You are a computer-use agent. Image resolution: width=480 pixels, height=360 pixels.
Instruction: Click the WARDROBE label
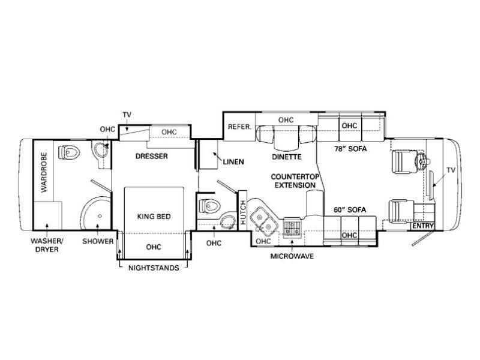pyautogui.click(x=44, y=172)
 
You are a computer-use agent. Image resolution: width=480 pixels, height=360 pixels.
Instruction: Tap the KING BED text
pyautogui.click(x=154, y=217)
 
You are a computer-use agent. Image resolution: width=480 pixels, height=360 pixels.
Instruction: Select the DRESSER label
pyautogui.click(x=152, y=156)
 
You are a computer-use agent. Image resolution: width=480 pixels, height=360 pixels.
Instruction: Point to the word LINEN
pyautogui.click(x=233, y=161)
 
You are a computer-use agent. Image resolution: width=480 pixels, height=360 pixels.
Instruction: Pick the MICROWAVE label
pyautogui.click(x=292, y=256)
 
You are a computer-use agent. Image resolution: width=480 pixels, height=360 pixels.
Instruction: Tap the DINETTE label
pyautogui.click(x=287, y=157)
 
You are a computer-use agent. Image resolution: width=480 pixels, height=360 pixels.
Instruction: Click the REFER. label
pyautogui.click(x=239, y=127)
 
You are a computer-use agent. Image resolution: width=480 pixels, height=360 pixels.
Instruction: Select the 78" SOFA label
pyautogui.click(x=350, y=149)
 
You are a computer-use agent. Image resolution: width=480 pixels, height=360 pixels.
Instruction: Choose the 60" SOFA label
pyautogui.click(x=350, y=209)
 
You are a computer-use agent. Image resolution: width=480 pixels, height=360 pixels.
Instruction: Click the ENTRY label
pyautogui.click(x=423, y=226)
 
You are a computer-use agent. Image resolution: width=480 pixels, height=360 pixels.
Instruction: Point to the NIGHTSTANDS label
pyautogui.click(x=154, y=268)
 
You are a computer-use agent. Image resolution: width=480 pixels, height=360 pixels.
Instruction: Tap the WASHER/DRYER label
pyautogui.click(x=47, y=245)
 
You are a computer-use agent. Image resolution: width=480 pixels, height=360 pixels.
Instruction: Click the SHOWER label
pyautogui.click(x=98, y=241)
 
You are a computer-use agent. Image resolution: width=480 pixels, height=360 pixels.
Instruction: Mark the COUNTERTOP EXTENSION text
pyautogui.click(x=295, y=181)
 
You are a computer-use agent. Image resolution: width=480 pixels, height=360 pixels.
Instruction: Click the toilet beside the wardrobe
pyautogui.click(x=69, y=152)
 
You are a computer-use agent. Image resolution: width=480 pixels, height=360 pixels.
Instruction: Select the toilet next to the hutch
pyautogui.click(x=209, y=205)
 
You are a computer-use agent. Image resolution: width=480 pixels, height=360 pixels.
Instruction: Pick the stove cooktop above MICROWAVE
pyautogui.click(x=292, y=228)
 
